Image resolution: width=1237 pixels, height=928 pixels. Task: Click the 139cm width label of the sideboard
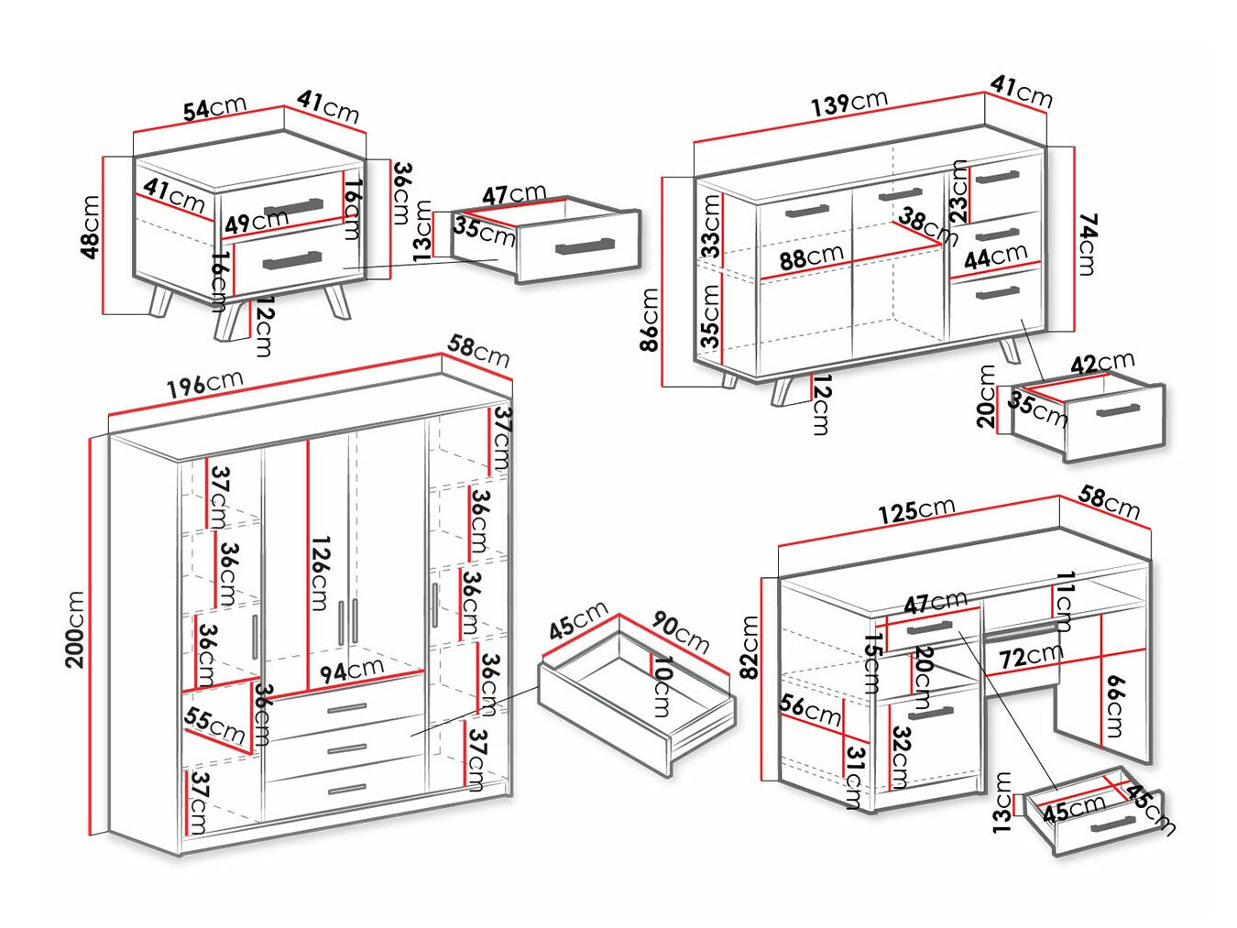point(848,103)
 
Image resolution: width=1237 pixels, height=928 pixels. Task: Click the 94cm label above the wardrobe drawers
point(351,670)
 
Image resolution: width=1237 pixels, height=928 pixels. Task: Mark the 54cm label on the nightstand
point(214,108)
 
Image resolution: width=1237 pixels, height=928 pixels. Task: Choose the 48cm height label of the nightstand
point(91,226)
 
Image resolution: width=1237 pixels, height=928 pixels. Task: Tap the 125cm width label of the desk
point(916,510)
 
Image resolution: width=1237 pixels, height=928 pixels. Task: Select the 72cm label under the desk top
point(1030,656)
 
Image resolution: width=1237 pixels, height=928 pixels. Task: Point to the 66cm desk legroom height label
point(1112,705)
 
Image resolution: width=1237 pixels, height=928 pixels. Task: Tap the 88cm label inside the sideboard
point(811,257)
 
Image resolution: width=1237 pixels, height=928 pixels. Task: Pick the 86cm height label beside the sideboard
point(649,320)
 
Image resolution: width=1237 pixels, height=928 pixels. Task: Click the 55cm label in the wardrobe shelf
point(214,726)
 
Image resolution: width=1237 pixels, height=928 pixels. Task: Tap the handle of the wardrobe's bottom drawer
point(346,789)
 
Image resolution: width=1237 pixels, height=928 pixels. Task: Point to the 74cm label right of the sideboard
point(1087,243)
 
